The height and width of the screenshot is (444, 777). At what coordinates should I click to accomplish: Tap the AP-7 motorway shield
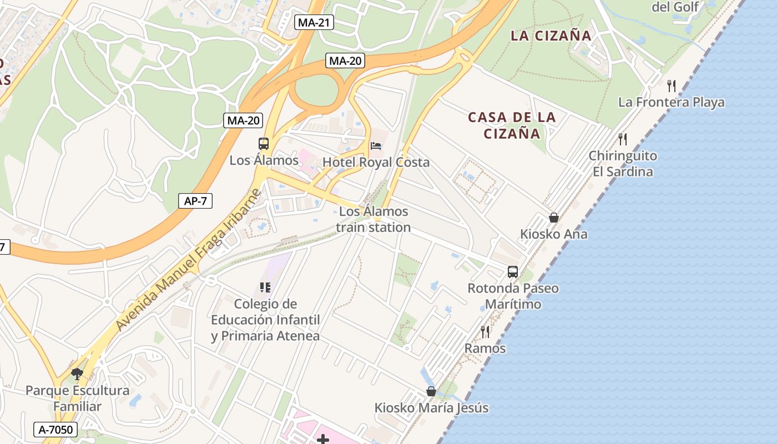click(195, 201)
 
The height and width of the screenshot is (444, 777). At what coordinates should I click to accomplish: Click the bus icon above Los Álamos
click(264, 144)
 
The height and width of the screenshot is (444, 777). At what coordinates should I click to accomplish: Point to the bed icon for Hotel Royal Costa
click(376, 146)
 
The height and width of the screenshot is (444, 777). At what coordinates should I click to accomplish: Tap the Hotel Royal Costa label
click(376, 163)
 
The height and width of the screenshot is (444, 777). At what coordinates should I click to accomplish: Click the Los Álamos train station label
click(373, 219)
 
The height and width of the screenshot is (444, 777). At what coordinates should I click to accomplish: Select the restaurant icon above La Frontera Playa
click(671, 85)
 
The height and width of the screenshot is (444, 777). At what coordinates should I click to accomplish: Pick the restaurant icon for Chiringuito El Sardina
click(623, 139)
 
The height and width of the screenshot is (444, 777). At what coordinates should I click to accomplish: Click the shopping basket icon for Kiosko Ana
click(553, 218)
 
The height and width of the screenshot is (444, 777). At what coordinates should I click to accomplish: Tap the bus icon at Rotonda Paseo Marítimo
click(513, 272)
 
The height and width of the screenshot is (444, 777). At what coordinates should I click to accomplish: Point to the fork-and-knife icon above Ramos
click(485, 332)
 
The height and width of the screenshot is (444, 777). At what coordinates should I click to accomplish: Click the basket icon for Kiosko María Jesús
click(431, 391)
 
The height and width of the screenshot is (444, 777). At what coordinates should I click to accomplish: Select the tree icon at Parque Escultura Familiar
click(77, 374)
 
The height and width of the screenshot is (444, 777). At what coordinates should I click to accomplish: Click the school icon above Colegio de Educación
click(265, 287)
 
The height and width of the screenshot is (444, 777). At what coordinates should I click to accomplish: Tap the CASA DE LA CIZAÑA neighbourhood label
click(511, 125)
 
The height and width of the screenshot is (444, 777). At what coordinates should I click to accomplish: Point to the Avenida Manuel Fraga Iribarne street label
click(188, 260)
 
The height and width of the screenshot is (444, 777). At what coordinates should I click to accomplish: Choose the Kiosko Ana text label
click(553, 234)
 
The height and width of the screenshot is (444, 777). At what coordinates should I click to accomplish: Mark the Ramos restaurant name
click(485, 349)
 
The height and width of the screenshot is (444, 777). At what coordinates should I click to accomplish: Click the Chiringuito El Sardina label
click(623, 164)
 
